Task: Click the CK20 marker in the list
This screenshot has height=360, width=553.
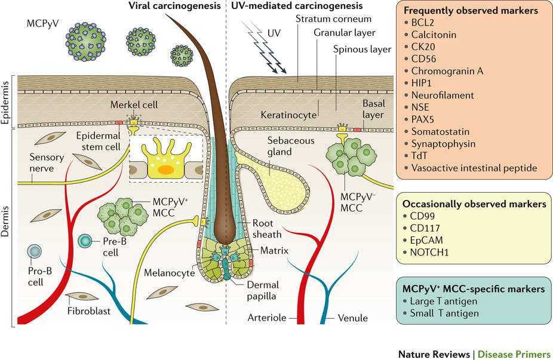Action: (428, 47)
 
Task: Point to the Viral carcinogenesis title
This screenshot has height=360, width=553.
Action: (176, 7)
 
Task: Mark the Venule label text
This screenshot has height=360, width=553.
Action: (351, 318)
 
